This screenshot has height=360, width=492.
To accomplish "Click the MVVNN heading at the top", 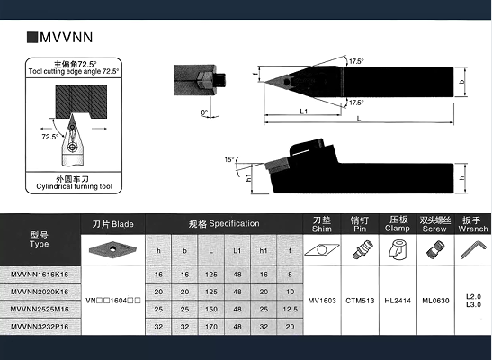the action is pos(66,37).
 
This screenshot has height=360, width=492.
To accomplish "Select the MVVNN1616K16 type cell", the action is pos(40,274).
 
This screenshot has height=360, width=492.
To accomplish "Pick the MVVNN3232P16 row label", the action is pos(40,327).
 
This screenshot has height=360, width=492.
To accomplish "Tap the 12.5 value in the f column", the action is pos(290,310).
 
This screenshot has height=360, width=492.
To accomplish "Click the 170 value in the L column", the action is pos(211,327).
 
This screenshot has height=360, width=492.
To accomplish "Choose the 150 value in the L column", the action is pos(211,310).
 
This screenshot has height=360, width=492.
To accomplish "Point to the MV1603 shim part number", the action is pos(322,301).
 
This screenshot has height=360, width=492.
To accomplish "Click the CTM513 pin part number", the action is pos(360,301).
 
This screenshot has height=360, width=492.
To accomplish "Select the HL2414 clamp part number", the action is pos(398,301).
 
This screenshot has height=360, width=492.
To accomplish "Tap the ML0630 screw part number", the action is pos(435,301).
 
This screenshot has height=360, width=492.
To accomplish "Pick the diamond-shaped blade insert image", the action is pos(112,250).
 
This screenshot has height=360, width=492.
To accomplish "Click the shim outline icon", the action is pos(322,250).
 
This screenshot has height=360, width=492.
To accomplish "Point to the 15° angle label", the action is pos(229,160).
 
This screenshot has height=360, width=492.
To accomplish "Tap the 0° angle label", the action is pos(204,112).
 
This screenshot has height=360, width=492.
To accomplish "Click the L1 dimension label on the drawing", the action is pos(303,111).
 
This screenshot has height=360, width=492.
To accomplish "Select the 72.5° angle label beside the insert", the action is pos(50,137).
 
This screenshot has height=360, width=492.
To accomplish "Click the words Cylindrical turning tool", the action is pos(74,186).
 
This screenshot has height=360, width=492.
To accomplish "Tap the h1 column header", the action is pos(264,250).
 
